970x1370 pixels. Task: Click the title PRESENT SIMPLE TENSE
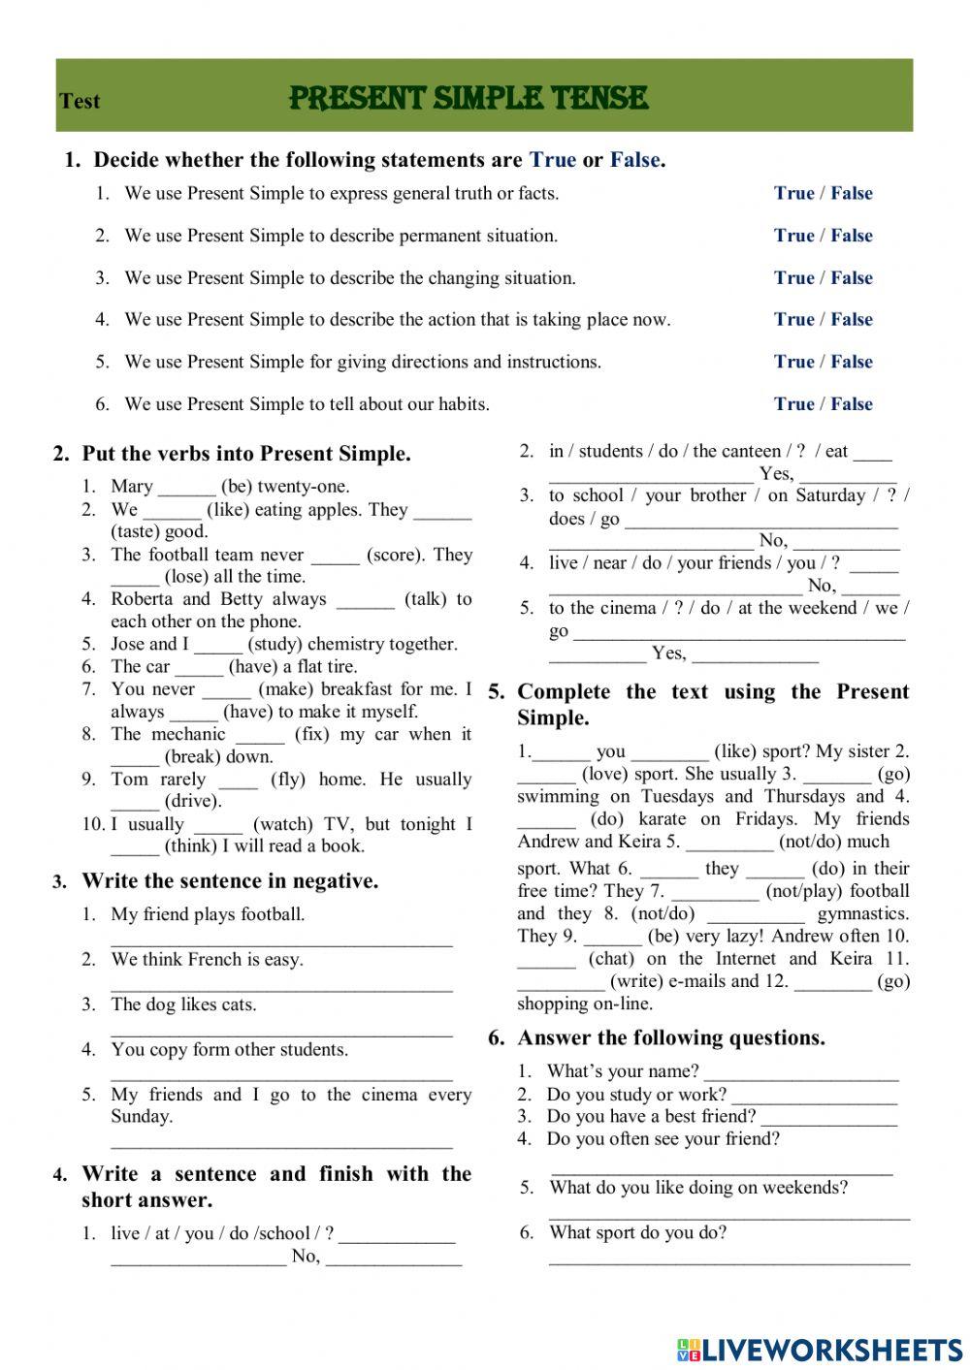coord(469,98)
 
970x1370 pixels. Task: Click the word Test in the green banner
coord(80,101)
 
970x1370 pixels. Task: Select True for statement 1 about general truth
coord(793,193)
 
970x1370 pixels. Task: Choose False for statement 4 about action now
coord(852,319)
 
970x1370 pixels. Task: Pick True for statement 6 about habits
coord(793,403)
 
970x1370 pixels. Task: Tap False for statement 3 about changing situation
coord(852,277)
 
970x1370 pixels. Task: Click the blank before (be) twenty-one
coord(186,488)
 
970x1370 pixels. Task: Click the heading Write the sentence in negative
coord(230,880)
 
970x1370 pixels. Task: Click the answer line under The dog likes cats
coord(281,1032)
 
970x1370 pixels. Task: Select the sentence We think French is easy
coord(207,959)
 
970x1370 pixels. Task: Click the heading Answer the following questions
coord(671,1037)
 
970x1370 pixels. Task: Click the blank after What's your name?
coord(801,1073)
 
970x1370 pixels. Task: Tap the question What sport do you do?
coord(637,1232)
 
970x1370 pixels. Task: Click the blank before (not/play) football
coord(714,892)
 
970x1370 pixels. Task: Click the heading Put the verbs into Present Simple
coord(246,453)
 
